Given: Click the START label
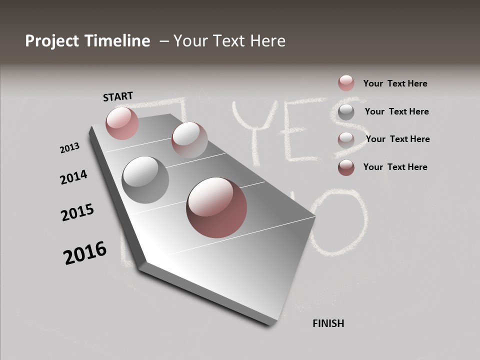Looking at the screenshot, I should (x=118, y=96).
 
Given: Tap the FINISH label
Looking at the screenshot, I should (x=328, y=323).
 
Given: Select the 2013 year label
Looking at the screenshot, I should (x=70, y=147).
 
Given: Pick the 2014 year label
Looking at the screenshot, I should (x=74, y=177).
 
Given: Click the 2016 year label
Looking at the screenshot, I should (x=85, y=253).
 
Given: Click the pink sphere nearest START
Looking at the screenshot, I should (x=122, y=123).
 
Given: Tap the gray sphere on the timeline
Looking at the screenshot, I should (x=145, y=180).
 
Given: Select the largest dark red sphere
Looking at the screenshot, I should (x=216, y=207).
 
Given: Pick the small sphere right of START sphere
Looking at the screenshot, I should (x=189, y=140).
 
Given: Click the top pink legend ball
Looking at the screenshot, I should (x=346, y=83).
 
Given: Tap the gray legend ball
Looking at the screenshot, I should (x=346, y=112).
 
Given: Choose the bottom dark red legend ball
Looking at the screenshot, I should (x=346, y=167).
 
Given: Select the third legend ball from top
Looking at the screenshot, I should (x=346, y=139).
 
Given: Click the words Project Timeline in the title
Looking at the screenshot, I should (x=87, y=41).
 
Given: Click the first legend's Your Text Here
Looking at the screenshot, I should (x=395, y=83).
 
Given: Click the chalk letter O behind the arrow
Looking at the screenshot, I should (x=340, y=222).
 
